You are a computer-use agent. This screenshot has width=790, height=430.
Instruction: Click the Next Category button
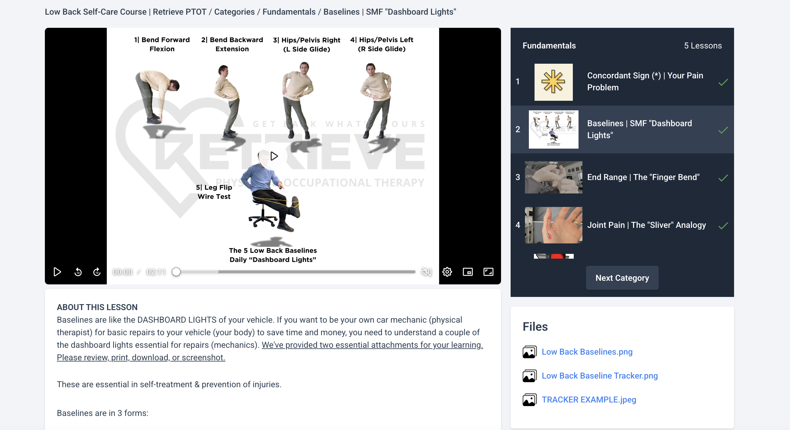(622, 278)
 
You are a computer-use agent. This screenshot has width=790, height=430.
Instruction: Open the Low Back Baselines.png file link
(587, 352)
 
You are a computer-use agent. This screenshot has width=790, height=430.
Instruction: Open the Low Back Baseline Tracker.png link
(599, 376)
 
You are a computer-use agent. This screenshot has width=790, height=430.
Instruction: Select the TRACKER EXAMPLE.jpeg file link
(588, 400)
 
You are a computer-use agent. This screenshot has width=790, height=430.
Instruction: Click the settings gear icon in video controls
(447, 272)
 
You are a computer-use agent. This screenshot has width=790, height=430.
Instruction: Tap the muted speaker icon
(426, 272)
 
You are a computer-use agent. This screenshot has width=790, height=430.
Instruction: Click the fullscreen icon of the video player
(488, 272)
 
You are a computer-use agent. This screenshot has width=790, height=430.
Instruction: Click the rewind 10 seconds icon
(78, 272)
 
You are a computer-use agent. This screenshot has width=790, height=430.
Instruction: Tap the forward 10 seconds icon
(97, 272)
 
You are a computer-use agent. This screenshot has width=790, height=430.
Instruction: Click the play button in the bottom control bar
(57, 272)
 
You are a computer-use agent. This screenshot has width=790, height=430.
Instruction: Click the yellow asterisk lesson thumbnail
(553, 82)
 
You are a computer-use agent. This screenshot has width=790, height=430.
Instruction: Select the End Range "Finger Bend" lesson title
(643, 177)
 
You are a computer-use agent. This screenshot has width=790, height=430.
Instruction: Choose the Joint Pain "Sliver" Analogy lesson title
(646, 225)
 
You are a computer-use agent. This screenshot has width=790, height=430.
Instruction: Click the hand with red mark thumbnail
(553, 225)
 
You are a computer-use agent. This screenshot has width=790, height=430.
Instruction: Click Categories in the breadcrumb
(234, 12)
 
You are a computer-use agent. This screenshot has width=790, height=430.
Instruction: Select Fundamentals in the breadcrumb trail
(289, 12)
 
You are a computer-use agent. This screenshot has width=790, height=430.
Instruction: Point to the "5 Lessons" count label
(703, 45)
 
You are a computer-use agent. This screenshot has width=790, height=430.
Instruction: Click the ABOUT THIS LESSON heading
(97, 307)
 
